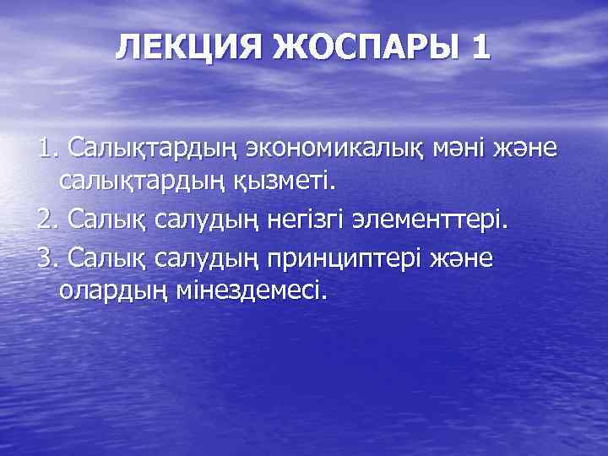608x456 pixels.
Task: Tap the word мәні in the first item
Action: pyautogui.click(x=463, y=149)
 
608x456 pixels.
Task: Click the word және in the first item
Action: pyautogui.click(x=527, y=149)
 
